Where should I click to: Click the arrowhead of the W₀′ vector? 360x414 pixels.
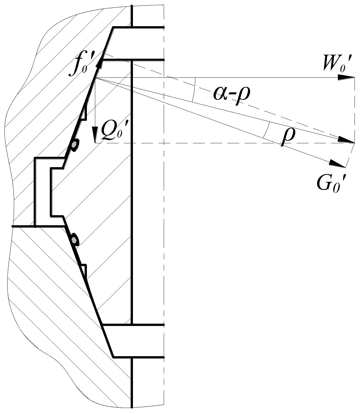347,77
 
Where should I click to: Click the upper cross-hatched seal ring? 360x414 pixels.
75,145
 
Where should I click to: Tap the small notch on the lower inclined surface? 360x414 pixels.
83,269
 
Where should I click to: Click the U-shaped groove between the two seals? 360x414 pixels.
43,191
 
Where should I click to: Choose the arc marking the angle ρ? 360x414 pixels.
266,129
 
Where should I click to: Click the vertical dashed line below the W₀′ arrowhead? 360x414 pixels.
354,109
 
